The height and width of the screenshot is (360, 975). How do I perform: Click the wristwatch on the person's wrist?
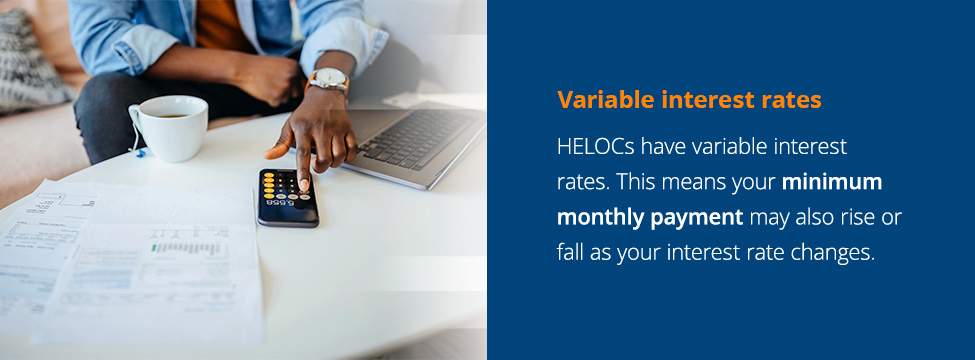tap(328, 81)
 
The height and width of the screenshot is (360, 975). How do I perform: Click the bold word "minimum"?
tap(832, 182)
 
